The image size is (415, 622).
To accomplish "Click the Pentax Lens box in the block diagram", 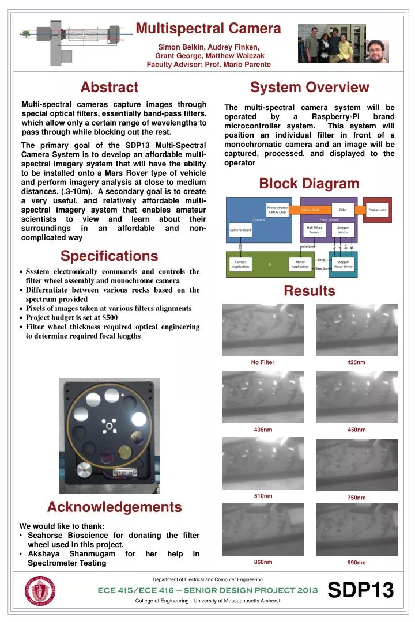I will coord(378,210).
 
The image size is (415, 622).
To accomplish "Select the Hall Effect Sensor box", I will coord(314,229).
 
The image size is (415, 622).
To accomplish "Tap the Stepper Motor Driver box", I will coord(343,264).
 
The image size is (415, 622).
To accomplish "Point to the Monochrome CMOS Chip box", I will coord(277,210).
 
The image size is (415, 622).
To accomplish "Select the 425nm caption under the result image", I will coord(356,362).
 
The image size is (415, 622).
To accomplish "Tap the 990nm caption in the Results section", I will coord(356,562).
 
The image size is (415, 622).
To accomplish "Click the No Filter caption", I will coord(262,362).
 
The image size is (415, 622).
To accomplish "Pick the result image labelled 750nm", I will coord(357,463).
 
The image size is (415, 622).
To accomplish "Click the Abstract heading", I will coord(110,87).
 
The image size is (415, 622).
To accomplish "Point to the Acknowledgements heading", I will coord(114,507).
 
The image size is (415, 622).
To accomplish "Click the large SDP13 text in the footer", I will coord(360,590).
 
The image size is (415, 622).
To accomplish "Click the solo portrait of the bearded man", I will coord(378,51).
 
